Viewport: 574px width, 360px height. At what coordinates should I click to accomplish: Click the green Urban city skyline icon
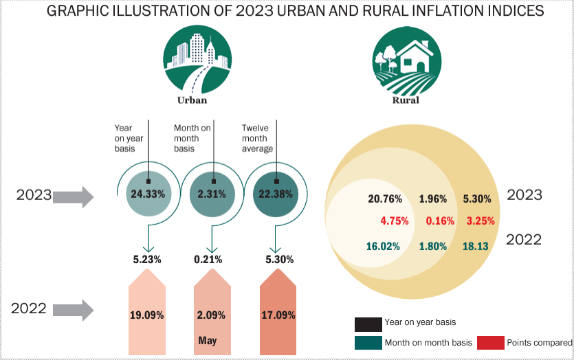pos(197,60)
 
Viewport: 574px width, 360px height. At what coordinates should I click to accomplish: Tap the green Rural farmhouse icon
pos(407,60)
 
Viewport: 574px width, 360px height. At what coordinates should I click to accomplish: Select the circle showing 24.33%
pos(148,194)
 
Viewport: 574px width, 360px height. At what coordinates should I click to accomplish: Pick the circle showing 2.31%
pos(212,194)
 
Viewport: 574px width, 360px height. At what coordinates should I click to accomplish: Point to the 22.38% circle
pos(276,194)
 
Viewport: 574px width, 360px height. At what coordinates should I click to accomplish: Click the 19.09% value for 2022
pos(147,315)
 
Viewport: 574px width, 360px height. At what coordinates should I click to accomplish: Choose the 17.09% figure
pos(278,315)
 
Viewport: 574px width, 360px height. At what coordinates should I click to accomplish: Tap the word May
pos(208,341)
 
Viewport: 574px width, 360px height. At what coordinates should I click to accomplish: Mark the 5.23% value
pos(147,260)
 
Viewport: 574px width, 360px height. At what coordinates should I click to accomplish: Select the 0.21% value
pos(208,260)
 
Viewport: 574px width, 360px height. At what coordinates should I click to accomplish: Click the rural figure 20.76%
pos(385,199)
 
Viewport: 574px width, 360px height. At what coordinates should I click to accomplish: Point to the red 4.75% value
pos(395,221)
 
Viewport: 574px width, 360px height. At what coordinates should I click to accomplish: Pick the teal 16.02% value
pos(383,246)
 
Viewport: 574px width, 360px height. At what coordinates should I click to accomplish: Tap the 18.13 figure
pos(476,246)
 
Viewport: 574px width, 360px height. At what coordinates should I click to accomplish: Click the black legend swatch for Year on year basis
pos(368,324)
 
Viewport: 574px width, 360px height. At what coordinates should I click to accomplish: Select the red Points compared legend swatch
pos(491,343)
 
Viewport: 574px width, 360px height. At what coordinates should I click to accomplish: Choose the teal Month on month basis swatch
pos(368,343)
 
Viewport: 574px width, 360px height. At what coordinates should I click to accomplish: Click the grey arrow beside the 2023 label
pos(74,197)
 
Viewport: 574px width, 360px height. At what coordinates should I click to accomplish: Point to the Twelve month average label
pos(257,138)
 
